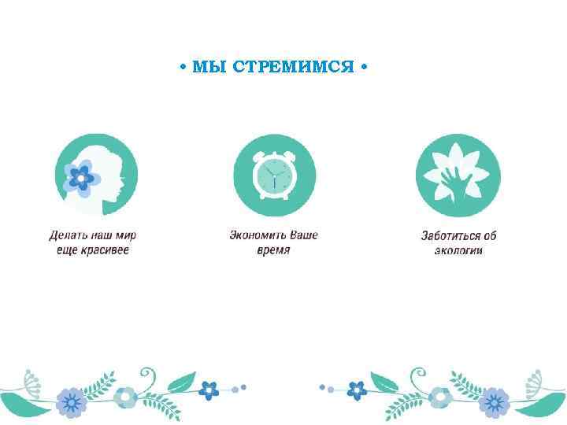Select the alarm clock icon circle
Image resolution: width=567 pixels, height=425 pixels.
(274, 176)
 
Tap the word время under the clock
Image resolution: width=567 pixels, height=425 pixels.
(273, 249)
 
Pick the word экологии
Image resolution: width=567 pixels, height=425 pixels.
(458, 250)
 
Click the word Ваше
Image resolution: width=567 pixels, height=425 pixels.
(303, 235)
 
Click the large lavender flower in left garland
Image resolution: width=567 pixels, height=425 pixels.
(72, 402)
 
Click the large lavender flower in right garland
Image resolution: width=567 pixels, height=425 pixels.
(495, 402)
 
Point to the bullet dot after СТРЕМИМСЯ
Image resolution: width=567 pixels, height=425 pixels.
(362, 67)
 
